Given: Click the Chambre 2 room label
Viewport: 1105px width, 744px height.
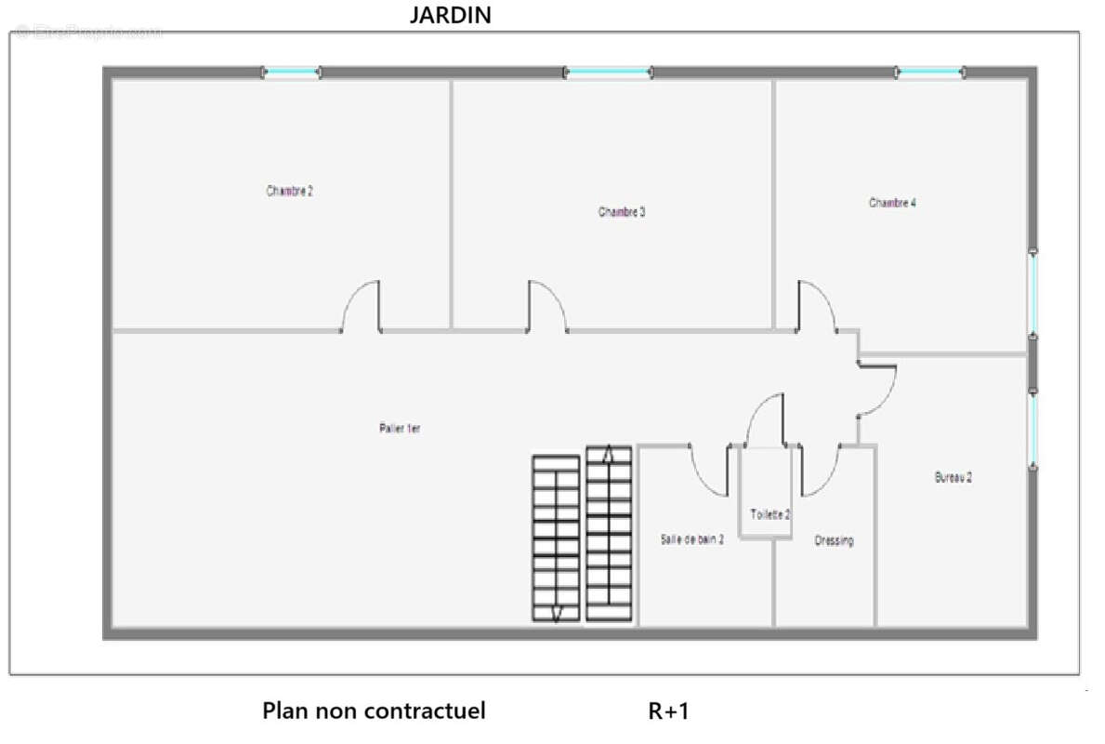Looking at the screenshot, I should pyautogui.click(x=290, y=192).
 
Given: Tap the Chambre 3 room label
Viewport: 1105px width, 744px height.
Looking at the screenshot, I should pyautogui.click(x=622, y=212).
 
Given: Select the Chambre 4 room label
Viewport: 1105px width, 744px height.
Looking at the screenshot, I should pyautogui.click(x=893, y=203).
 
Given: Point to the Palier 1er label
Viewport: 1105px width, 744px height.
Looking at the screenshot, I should pyautogui.click(x=401, y=429).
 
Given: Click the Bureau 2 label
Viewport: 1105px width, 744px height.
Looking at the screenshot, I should pyautogui.click(x=954, y=477).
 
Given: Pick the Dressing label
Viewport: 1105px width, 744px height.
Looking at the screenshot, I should pyautogui.click(x=834, y=540).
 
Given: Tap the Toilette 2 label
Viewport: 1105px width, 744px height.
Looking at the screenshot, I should pyautogui.click(x=770, y=514).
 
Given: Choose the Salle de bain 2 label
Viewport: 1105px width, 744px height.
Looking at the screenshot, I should pyautogui.click(x=692, y=538).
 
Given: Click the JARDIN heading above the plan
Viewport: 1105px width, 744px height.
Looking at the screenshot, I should pyautogui.click(x=451, y=15).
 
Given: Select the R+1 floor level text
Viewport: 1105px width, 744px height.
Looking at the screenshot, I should pyautogui.click(x=669, y=711).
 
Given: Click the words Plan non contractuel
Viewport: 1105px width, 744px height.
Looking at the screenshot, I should pyautogui.click(x=374, y=711).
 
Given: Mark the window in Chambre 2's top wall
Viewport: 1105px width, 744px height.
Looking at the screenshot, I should pyautogui.click(x=291, y=72).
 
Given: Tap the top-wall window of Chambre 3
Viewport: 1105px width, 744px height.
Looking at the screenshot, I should pyautogui.click(x=608, y=72).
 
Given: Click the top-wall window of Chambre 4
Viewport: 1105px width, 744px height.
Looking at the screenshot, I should pyautogui.click(x=930, y=72).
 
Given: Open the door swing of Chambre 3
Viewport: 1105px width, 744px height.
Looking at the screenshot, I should pyautogui.click(x=546, y=307).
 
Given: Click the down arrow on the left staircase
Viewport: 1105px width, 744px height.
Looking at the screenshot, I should pyautogui.click(x=556, y=612).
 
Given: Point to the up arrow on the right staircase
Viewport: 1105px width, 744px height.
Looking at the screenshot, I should pyautogui.click(x=609, y=455).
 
